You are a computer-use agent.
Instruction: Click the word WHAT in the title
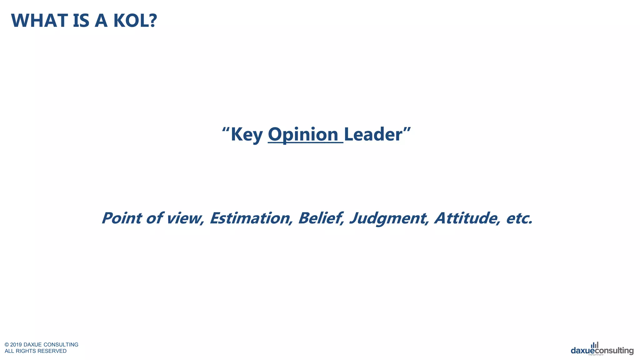pyautogui.click(x=39, y=21)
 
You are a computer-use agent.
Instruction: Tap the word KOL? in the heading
pyautogui.click(x=135, y=21)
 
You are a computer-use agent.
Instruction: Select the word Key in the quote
pyautogui.click(x=247, y=135)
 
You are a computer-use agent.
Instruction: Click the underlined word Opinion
pyautogui.click(x=303, y=134)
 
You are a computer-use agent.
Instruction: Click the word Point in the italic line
pyautogui.click(x=122, y=218)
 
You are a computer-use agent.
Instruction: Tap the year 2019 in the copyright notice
pyautogui.click(x=16, y=345)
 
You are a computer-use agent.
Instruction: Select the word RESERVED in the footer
pyautogui.click(x=52, y=351)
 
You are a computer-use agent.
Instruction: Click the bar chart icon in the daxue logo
pyautogui.click(x=595, y=345)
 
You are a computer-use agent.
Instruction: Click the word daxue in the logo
pyautogui.click(x=582, y=351)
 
